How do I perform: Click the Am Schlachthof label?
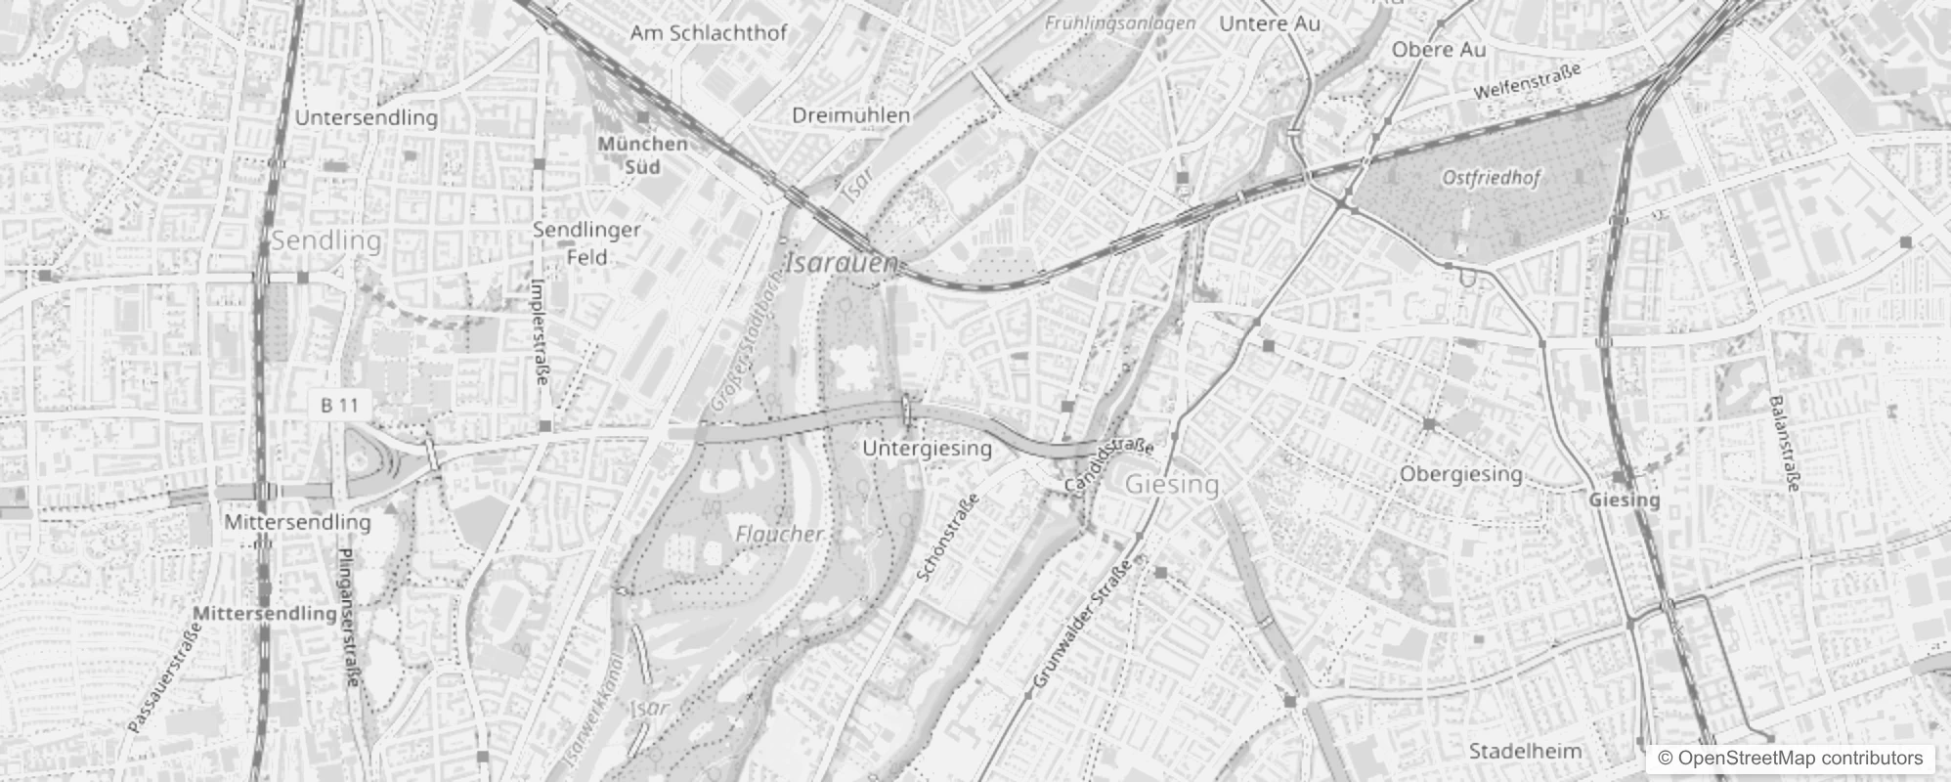pyautogui.click(x=709, y=33)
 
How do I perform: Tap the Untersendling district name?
pyautogui.click(x=366, y=118)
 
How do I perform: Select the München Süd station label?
pyautogui.click(x=642, y=154)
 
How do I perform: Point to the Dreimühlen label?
pyautogui.click(x=850, y=115)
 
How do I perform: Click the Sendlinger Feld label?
pyautogui.click(x=586, y=243)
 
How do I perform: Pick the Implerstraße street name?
pyautogui.click(x=539, y=332)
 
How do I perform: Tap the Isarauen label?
pyautogui.click(x=841, y=263)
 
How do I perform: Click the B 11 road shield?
pyautogui.click(x=340, y=405)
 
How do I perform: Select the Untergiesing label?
pyautogui.click(x=927, y=449)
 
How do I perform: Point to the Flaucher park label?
pyautogui.click(x=779, y=534)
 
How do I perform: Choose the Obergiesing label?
pyautogui.click(x=1461, y=474)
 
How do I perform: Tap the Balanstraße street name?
pyautogui.click(x=1785, y=445)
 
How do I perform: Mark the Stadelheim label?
pyautogui.click(x=1525, y=751)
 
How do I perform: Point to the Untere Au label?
pyautogui.click(x=1269, y=23)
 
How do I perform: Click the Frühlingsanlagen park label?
pyautogui.click(x=1119, y=22)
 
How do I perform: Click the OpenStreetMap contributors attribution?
pyautogui.click(x=1788, y=759)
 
